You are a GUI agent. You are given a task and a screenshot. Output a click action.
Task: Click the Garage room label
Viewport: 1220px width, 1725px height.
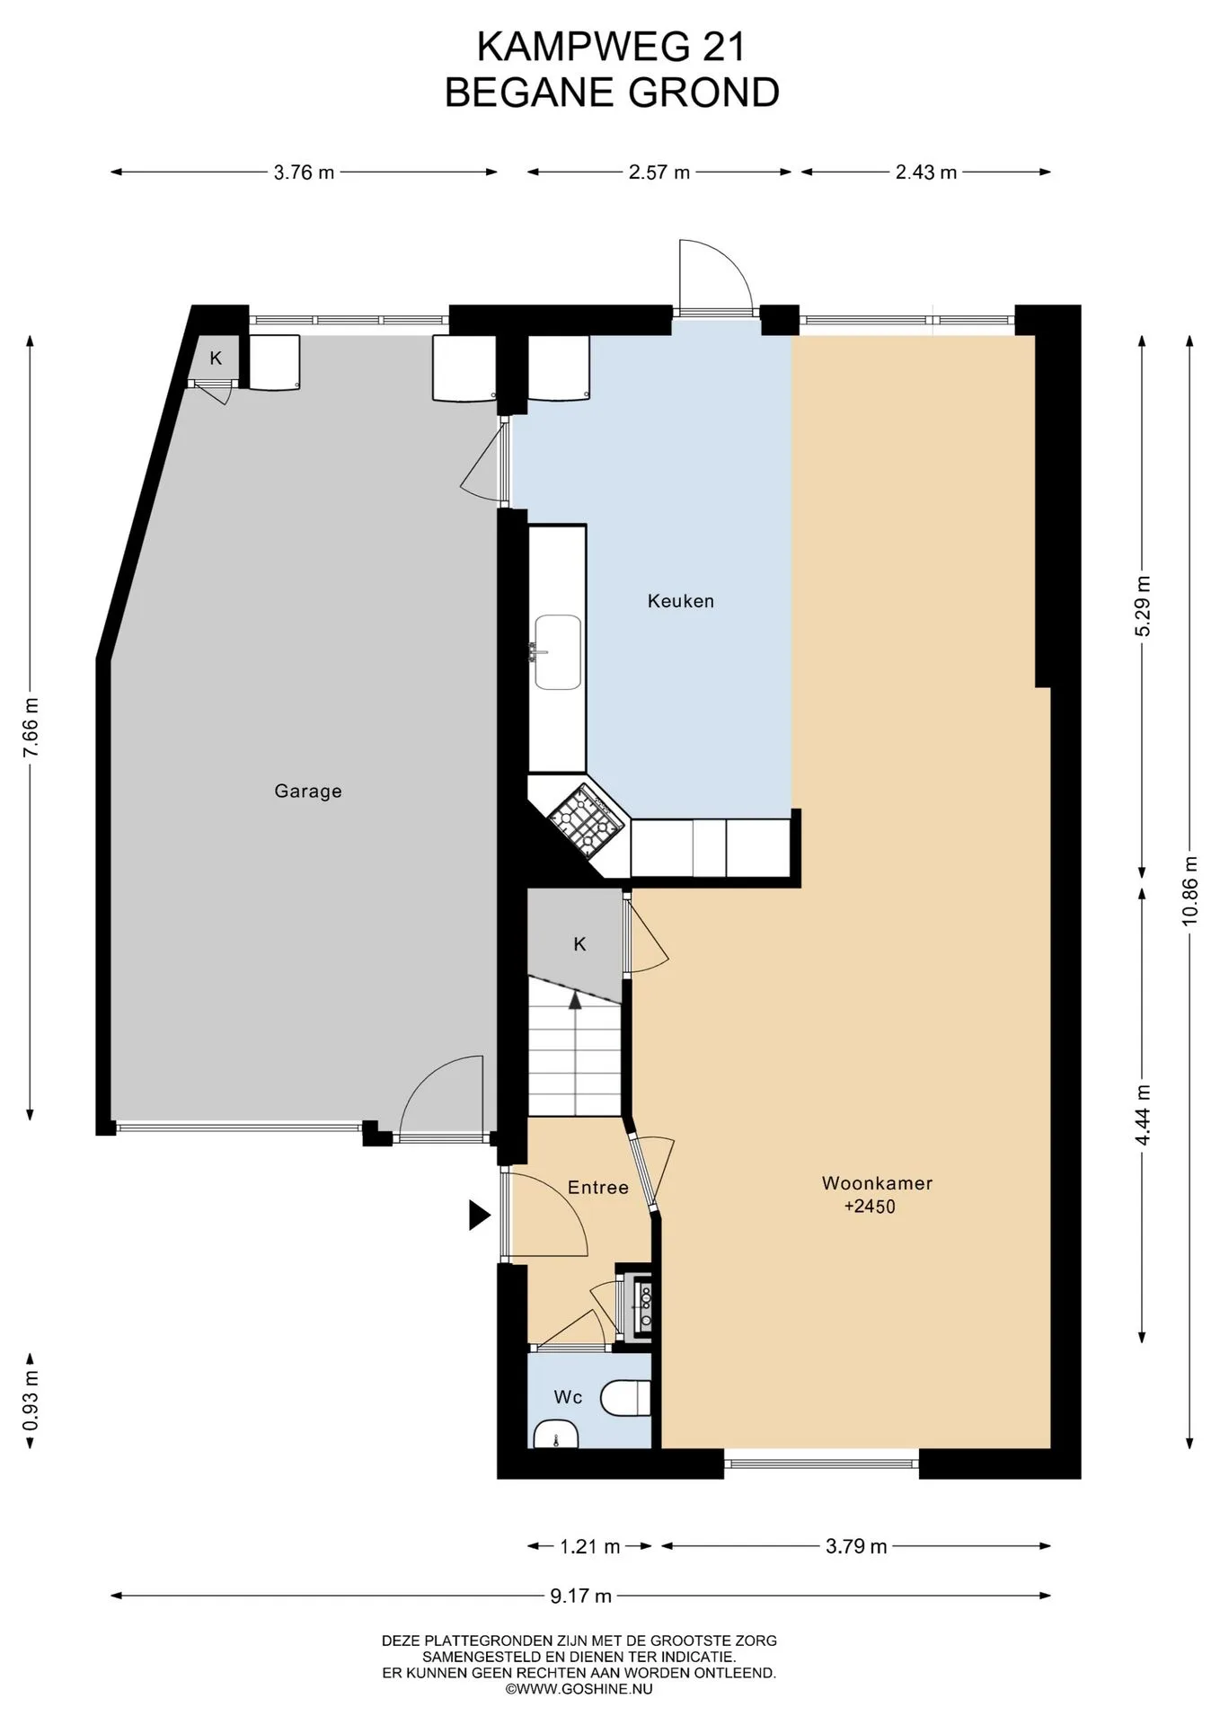click(308, 792)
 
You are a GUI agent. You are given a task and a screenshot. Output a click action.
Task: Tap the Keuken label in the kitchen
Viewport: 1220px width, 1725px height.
click(681, 601)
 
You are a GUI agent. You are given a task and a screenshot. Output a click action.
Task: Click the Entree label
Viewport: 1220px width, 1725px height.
click(598, 1188)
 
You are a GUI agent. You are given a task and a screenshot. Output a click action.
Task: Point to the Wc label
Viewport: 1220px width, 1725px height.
click(568, 1397)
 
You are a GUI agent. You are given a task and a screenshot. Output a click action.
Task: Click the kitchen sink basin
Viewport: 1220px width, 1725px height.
click(558, 652)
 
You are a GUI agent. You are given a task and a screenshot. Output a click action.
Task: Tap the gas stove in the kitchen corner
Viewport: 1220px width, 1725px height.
click(587, 819)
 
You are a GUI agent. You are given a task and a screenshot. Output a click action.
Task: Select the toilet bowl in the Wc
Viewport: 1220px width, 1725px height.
click(625, 1398)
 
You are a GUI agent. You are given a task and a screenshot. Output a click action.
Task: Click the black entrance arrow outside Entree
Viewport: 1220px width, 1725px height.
click(480, 1216)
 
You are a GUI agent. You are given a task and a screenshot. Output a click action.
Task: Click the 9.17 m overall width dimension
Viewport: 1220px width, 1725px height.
click(580, 1596)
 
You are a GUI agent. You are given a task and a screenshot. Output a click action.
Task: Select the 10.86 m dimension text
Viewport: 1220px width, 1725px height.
click(1190, 889)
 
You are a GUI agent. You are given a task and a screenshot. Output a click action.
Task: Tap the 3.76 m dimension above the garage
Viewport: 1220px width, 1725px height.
click(304, 172)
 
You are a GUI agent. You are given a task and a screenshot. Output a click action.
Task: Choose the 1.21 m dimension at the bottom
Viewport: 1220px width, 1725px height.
click(590, 1546)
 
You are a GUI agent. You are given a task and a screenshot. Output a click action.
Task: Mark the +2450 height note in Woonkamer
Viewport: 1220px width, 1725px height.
click(870, 1207)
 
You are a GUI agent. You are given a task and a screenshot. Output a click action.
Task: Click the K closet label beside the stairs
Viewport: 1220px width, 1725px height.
click(580, 944)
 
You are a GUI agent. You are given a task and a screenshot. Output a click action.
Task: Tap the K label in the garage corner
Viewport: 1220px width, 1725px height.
click(216, 358)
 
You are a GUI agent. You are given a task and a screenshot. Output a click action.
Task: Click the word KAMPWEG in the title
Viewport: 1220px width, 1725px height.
click(582, 48)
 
